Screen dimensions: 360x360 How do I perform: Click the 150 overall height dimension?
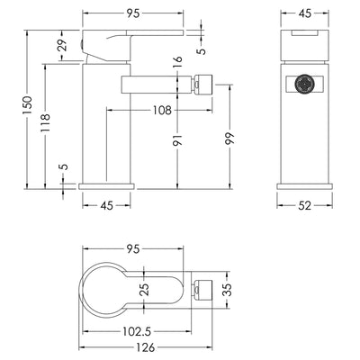(x=27, y=105)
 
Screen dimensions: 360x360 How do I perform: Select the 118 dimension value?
(x=45, y=122)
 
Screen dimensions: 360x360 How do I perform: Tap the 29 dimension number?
(x=62, y=45)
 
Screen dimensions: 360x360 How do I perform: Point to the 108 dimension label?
(x=162, y=111)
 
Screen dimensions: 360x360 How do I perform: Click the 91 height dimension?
(x=177, y=140)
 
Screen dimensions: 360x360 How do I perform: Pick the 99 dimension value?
(x=229, y=139)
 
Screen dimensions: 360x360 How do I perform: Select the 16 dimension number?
(x=177, y=59)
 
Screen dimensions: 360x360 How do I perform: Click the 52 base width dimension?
(x=305, y=206)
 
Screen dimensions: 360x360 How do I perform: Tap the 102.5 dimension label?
(x=137, y=332)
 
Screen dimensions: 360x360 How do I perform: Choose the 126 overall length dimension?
(x=146, y=347)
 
